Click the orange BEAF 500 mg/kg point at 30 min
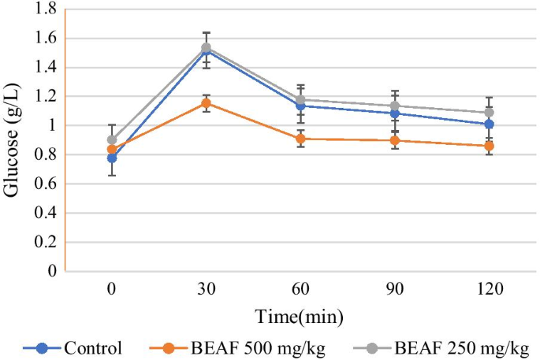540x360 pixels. tap(207, 103)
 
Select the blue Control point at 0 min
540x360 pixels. tap(113, 158)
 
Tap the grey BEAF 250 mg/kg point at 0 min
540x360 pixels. tap(113, 140)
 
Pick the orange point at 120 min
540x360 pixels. tap(489, 147)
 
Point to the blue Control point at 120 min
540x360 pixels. tap(489, 124)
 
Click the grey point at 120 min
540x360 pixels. tap(489, 113)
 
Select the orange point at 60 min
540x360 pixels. tap(300, 139)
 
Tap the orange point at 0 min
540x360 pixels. tap(113, 150)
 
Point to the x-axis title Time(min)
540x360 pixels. tap(300, 317)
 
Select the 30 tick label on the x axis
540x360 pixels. tap(207, 290)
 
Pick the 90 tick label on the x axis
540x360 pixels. tap(394, 290)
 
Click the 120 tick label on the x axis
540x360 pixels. tap(489, 290)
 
